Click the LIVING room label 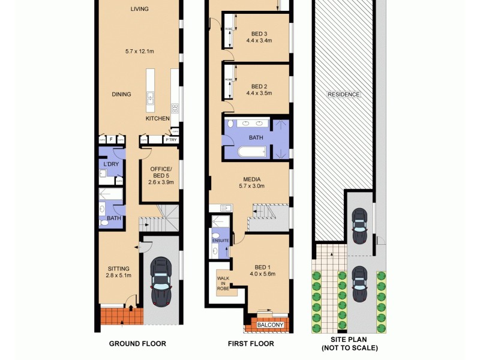[140, 9]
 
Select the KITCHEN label [157, 119]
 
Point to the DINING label [121, 94]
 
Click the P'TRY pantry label [172, 140]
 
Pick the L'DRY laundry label [110, 164]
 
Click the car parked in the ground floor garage [161, 280]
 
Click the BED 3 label [259, 33]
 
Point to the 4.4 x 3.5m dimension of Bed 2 [259, 93]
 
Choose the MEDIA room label [251, 179]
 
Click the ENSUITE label [220, 241]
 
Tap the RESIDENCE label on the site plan [343, 94]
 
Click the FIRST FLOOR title [250, 344]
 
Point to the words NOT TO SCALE [350, 348]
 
